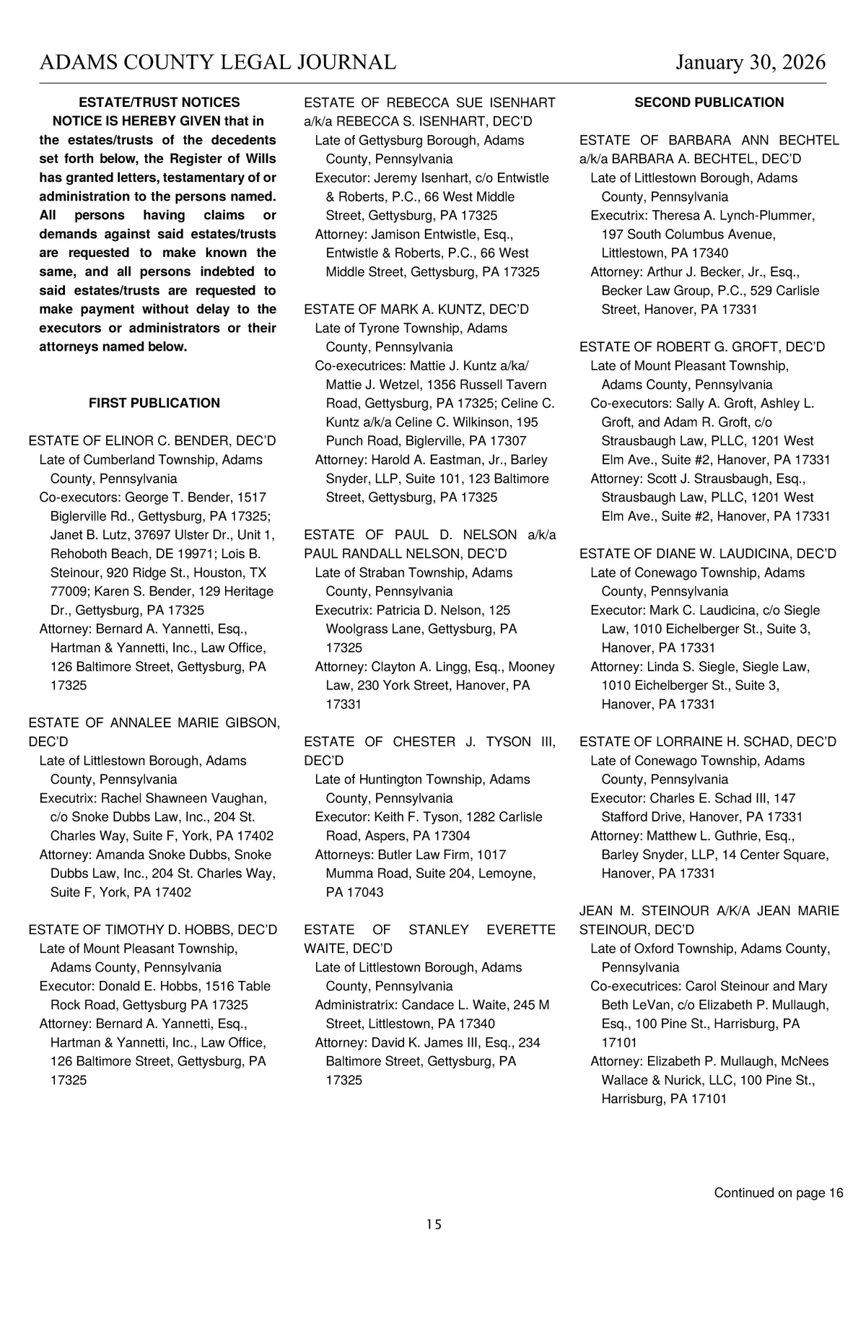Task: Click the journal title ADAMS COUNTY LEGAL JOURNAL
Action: click(217, 63)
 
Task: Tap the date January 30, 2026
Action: click(751, 63)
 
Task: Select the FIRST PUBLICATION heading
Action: click(154, 404)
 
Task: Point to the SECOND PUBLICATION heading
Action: click(709, 103)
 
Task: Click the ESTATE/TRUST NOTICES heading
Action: click(159, 103)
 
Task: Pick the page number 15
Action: click(434, 1224)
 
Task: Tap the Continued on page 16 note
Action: click(778, 1193)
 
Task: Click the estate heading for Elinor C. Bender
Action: click(152, 441)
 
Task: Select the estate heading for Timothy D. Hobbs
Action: click(152, 930)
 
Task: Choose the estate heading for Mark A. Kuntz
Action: click(416, 310)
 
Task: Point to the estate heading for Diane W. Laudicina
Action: click(708, 554)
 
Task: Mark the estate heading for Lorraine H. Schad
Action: click(708, 742)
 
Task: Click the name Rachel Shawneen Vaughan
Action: click(183, 798)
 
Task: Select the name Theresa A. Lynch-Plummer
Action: click(732, 216)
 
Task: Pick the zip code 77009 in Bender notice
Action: click(67, 592)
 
